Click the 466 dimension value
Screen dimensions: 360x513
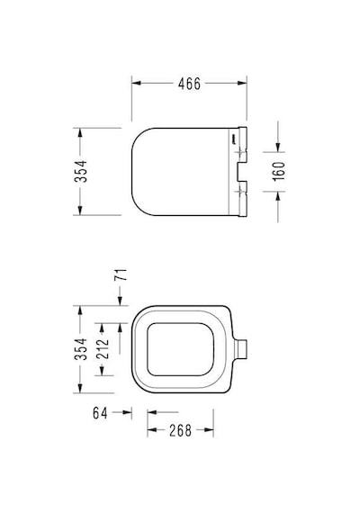point(189,84)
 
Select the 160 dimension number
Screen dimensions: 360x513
point(279,171)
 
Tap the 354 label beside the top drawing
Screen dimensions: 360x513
point(81,171)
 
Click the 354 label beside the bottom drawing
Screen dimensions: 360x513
point(81,349)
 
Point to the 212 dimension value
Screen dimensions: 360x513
point(103,349)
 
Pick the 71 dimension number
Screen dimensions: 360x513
point(121,274)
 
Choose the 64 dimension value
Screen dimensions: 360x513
point(100,413)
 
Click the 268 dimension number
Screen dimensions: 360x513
point(180,430)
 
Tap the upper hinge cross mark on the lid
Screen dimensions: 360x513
point(242,152)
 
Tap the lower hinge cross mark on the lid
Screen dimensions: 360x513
point(242,191)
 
